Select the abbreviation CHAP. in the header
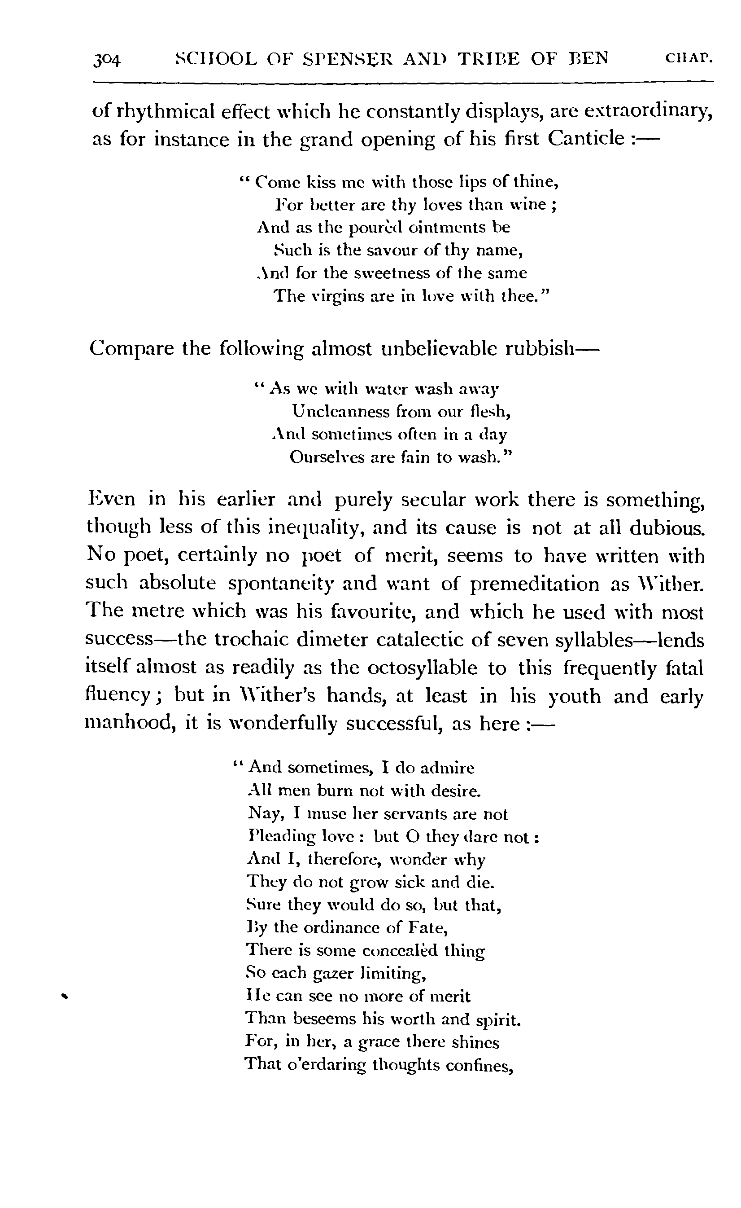(689, 58)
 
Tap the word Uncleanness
(340, 411)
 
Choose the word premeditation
(534, 584)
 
